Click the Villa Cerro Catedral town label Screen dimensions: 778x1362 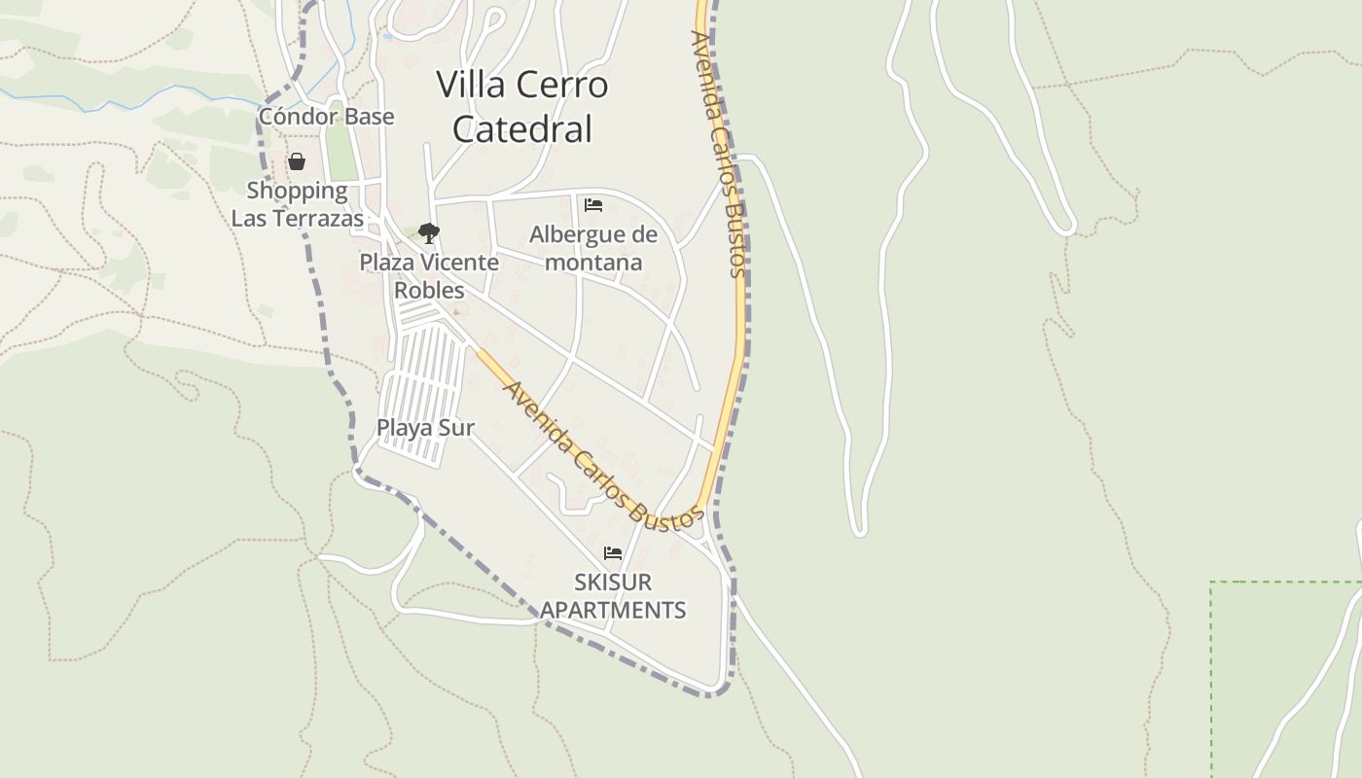coord(522,106)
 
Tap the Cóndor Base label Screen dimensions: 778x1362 coord(326,117)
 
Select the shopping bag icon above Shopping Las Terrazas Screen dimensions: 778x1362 coord(297,161)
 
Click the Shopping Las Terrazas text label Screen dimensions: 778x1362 coord(297,204)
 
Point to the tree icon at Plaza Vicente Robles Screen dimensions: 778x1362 coord(428,233)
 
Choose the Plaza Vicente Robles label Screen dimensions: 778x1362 coord(429,276)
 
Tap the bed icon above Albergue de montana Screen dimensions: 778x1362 coord(593,205)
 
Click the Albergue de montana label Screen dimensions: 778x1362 coord(593,248)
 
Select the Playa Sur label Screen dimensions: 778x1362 coord(425,428)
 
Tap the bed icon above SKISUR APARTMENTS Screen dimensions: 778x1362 coord(613,553)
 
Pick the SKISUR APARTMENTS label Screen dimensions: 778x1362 coord(613,596)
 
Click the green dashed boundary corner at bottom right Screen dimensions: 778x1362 coord(1212,583)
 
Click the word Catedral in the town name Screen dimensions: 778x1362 coord(522,129)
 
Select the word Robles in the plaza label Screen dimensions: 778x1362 coord(429,291)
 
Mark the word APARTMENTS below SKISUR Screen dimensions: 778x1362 coord(613,611)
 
